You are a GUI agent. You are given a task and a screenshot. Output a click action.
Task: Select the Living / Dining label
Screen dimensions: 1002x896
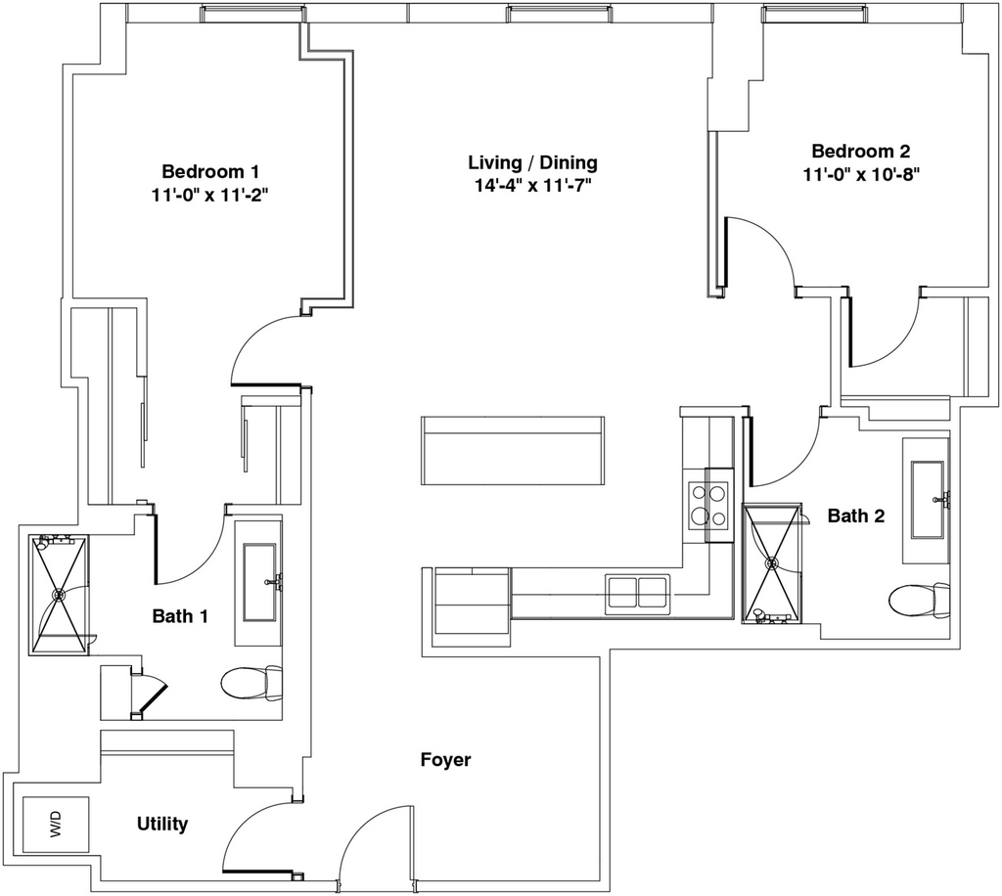[x=532, y=162]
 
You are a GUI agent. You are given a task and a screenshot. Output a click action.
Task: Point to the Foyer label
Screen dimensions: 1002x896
[x=445, y=760]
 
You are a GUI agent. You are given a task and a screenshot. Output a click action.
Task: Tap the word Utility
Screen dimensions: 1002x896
[x=161, y=825]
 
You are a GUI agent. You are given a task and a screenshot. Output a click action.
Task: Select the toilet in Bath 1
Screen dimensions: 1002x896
[x=250, y=682]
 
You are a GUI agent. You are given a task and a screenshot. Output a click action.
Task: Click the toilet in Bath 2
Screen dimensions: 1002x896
[x=921, y=599]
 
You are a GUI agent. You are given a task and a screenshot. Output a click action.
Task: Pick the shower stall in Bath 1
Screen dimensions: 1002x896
[x=59, y=595]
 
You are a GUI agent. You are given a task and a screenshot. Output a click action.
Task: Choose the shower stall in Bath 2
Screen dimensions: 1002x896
[x=773, y=562]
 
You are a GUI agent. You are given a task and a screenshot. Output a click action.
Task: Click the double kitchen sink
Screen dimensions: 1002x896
[x=636, y=592]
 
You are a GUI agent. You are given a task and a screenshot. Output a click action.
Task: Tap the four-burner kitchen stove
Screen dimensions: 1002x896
[x=709, y=505]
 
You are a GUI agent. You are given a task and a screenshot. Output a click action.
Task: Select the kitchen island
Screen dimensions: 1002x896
[x=513, y=450]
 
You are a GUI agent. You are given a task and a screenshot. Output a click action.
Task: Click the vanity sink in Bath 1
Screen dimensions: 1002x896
[x=258, y=582]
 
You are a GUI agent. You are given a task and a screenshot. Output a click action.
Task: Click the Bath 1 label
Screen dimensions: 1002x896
[x=180, y=616]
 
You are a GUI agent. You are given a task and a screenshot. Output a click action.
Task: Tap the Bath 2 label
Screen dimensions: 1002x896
[x=856, y=515]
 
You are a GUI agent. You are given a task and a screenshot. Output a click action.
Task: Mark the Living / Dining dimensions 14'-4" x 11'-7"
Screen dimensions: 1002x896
[x=532, y=184]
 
